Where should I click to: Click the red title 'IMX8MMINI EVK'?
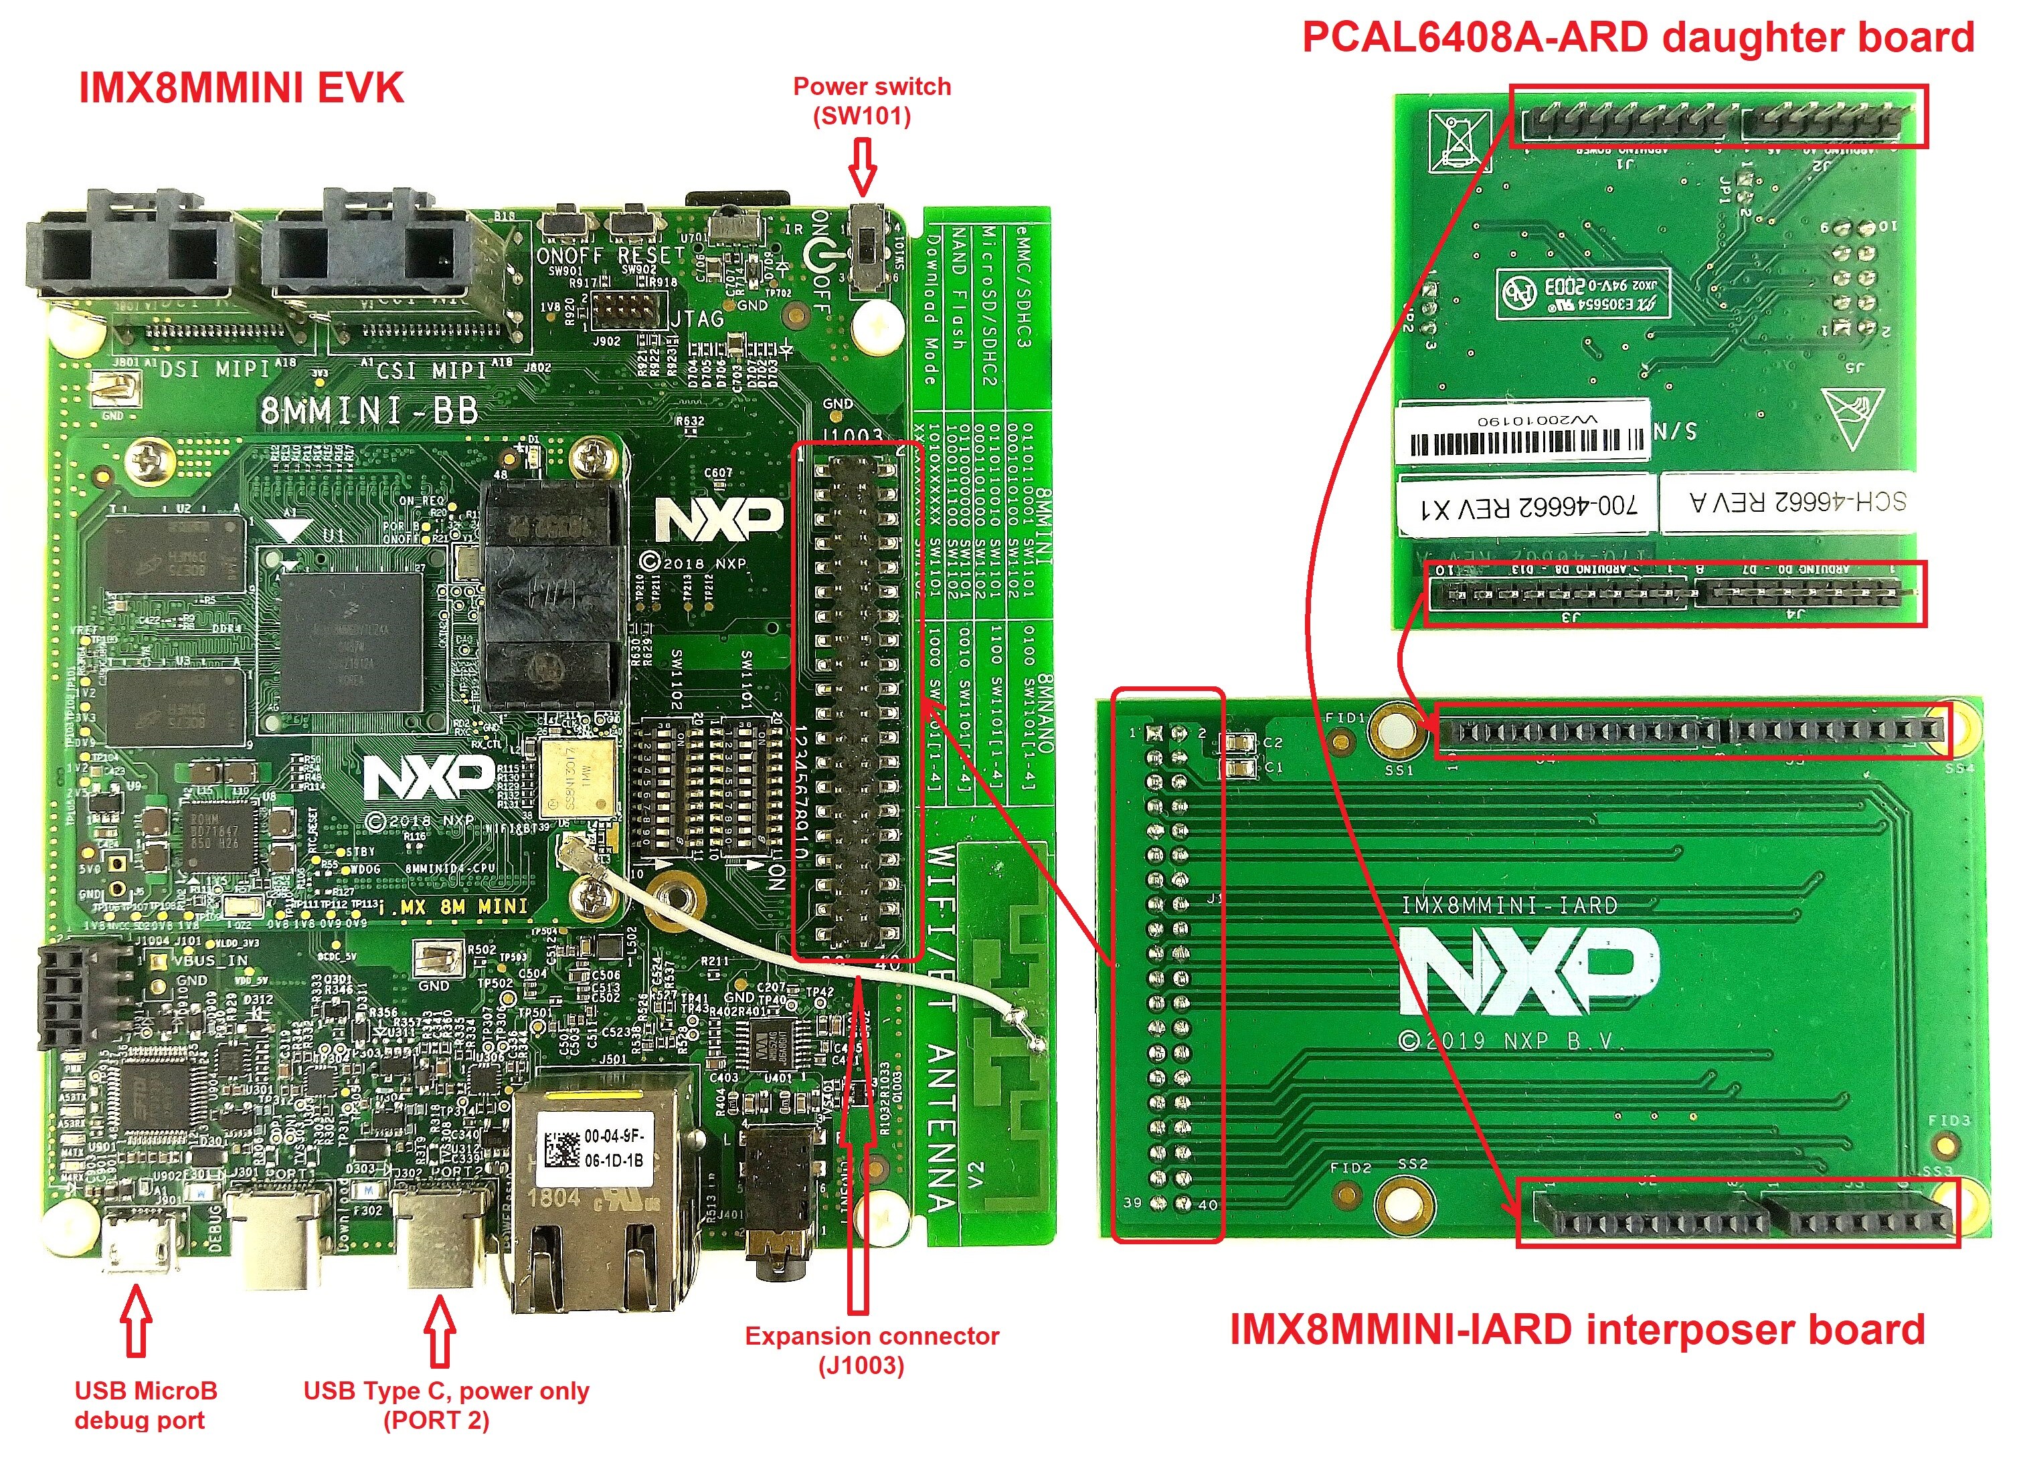[241, 88]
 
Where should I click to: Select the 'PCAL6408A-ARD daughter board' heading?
[1638, 37]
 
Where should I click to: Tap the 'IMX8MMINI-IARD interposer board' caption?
[1577, 1330]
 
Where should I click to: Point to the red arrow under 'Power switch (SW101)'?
[862, 167]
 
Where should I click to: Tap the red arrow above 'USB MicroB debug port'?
[135, 1323]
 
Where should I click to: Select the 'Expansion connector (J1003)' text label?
[871, 1351]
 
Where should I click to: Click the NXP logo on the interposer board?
[1528, 971]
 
